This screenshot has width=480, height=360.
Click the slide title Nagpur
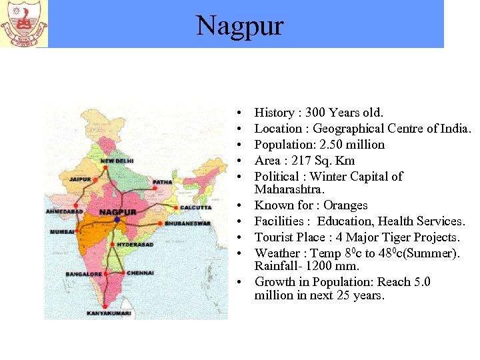pos(240,26)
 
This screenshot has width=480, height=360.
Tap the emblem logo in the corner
pos(24,24)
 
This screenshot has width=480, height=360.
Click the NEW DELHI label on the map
pos(117,161)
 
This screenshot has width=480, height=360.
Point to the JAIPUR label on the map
pos(80,179)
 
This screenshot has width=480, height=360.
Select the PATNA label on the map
pos(162,181)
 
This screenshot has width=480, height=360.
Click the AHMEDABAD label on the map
pos(65,211)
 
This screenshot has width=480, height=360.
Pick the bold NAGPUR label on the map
pos(117,212)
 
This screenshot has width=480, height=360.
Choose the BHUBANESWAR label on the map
pos(188,223)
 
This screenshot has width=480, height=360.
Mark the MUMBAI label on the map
pos(62,231)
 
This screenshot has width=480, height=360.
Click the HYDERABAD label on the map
pos(135,245)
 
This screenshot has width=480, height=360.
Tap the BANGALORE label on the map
pos(83,274)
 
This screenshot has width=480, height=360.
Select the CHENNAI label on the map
pos(140,273)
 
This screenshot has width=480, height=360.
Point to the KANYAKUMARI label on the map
pos(113,313)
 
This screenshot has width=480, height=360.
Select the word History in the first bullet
pos(274,113)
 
